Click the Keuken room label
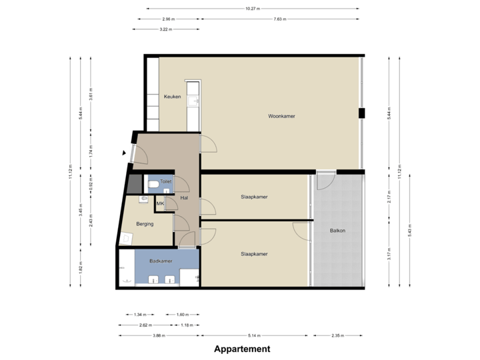coord(173,97)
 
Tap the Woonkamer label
coord(281,116)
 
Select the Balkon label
coord(338,231)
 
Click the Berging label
coord(145,224)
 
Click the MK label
coord(160,203)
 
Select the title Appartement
coord(242,349)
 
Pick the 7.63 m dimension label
coord(280,19)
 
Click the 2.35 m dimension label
coord(339,336)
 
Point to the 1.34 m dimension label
coord(139,315)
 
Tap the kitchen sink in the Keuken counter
coord(194,100)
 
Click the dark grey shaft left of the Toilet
coord(135,182)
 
